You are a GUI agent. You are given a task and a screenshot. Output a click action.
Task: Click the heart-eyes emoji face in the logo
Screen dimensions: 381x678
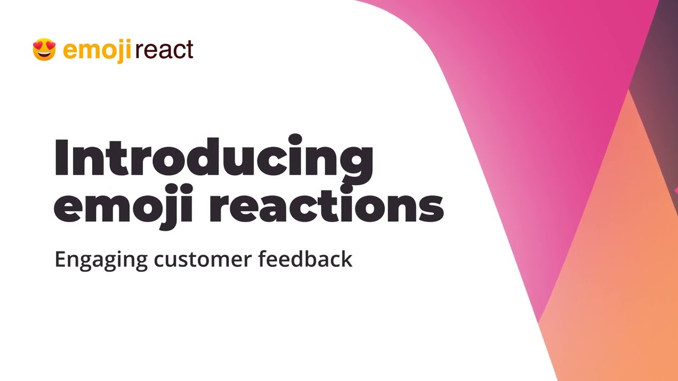click(x=44, y=50)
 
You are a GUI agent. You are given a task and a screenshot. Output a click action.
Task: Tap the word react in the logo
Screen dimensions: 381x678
click(x=164, y=50)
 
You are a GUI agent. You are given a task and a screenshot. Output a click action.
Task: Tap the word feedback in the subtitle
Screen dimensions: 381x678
click(x=305, y=259)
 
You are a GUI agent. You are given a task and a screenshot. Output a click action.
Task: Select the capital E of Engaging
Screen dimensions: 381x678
click(x=61, y=259)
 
